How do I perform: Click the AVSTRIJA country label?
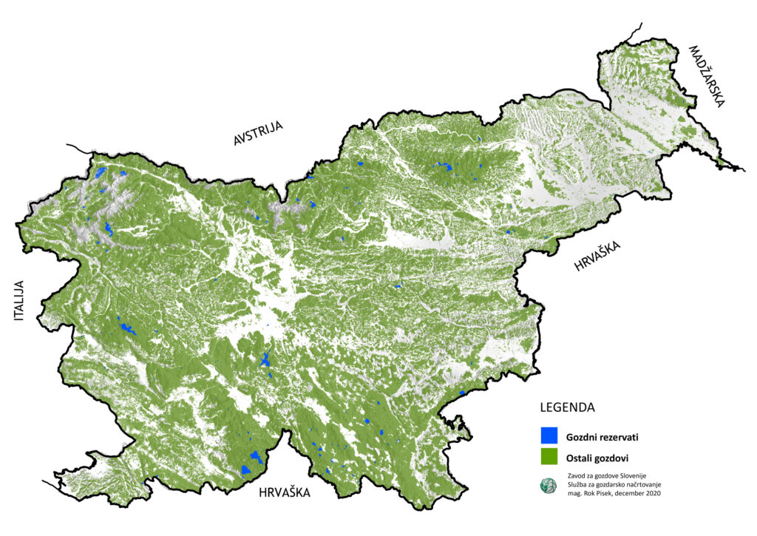click(x=258, y=133)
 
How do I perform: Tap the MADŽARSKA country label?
click(x=707, y=77)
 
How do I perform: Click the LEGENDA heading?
click(x=568, y=407)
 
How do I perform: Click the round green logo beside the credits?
click(x=547, y=485)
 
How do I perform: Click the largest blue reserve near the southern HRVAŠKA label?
click(x=255, y=462)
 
